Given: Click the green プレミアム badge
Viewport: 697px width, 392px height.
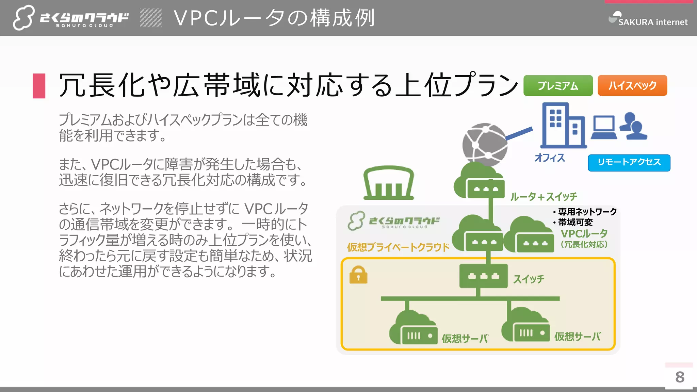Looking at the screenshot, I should click(x=558, y=85).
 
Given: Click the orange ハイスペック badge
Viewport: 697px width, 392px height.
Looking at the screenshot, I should click(x=632, y=85).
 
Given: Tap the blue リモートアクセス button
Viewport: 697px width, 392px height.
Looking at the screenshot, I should click(x=629, y=162).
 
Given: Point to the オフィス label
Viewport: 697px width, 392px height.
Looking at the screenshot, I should click(x=550, y=158).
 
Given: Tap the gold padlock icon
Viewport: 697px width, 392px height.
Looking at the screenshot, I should click(x=358, y=275).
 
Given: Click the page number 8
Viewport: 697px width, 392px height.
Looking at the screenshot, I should click(x=680, y=377).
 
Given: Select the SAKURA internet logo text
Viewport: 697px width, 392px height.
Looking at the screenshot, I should click(x=652, y=22).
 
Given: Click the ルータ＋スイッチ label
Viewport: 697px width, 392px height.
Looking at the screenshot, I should click(x=544, y=197).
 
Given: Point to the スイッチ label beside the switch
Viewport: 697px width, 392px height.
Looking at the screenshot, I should click(x=529, y=279).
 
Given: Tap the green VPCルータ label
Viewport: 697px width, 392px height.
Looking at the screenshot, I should click(x=584, y=234).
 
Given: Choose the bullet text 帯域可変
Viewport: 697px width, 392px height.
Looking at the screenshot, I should click(x=575, y=223).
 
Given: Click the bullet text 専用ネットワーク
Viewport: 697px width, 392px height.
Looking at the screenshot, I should click(x=587, y=212).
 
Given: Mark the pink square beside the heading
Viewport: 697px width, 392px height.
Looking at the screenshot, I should click(x=39, y=86).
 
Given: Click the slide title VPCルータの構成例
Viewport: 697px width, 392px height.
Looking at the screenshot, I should click(x=274, y=18).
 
